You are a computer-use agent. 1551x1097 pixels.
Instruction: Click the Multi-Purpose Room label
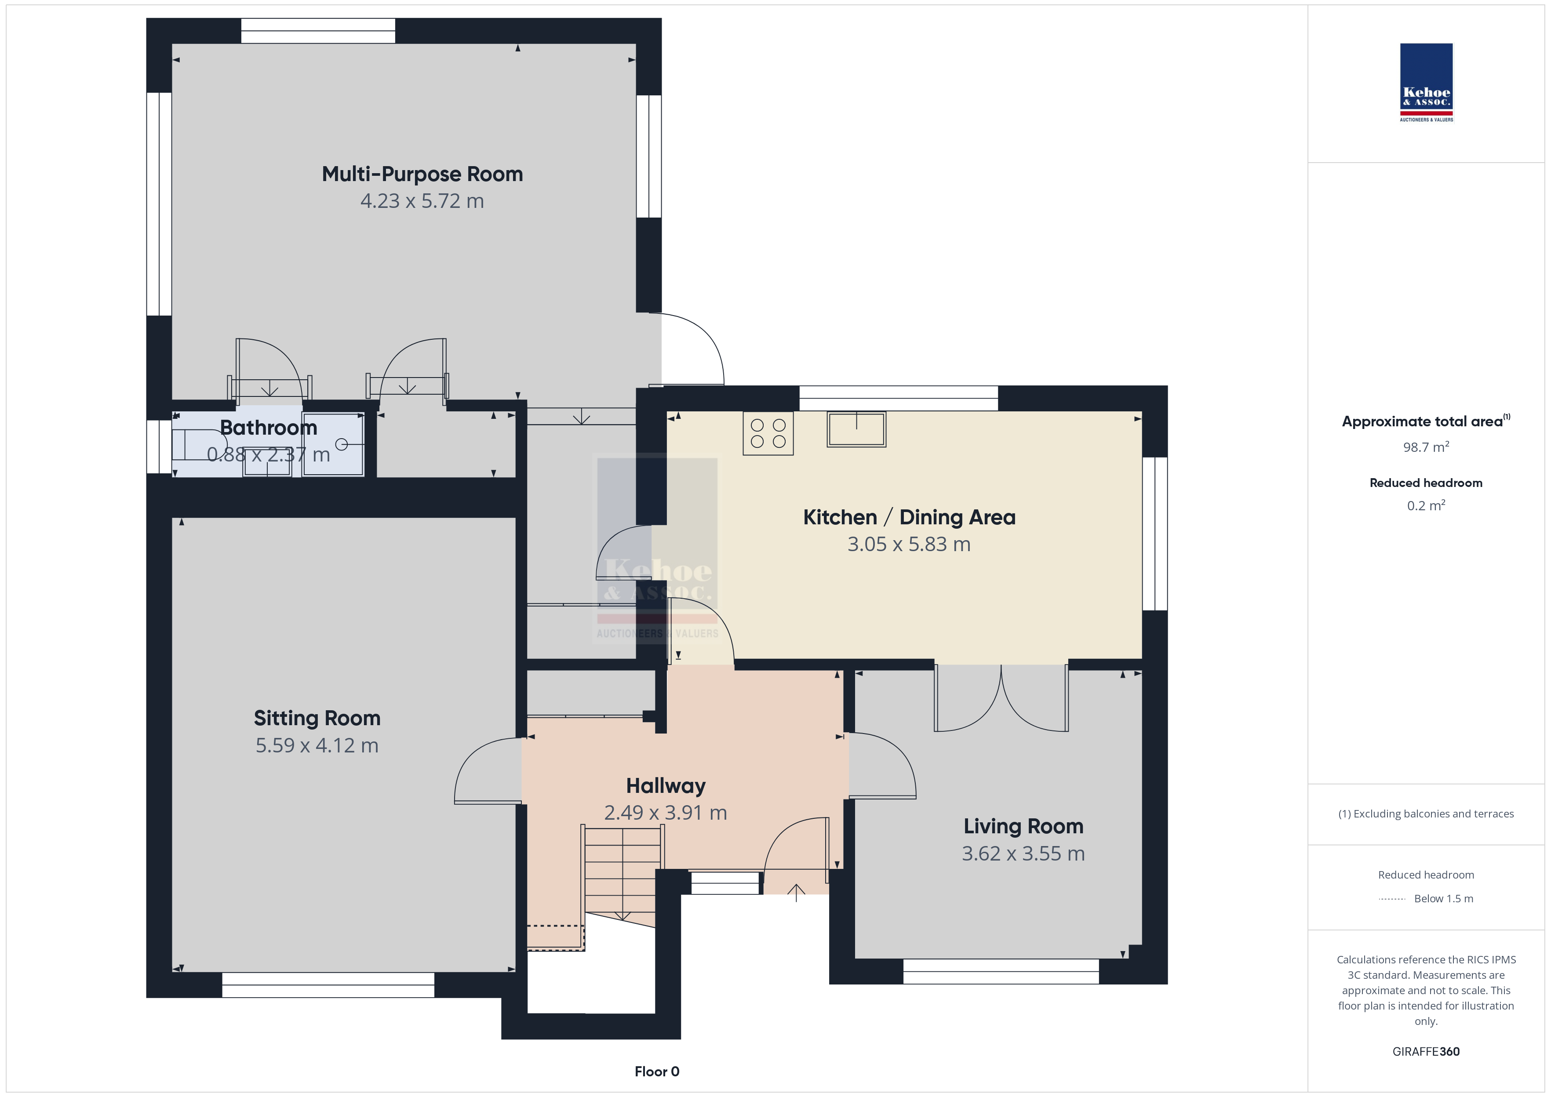(422, 174)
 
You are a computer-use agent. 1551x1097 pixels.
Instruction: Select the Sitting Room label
(317, 718)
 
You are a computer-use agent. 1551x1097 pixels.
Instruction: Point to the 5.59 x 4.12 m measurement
(317, 745)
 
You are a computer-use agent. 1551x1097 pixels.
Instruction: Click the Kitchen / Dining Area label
(909, 517)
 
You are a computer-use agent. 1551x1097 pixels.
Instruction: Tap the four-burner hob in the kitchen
(768, 433)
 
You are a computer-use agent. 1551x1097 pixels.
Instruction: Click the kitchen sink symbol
(856, 429)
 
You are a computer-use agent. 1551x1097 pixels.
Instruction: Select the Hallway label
(666, 785)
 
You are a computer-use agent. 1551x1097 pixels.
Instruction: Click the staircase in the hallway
(622, 878)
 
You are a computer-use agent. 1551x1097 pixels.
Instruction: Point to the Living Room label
(1023, 826)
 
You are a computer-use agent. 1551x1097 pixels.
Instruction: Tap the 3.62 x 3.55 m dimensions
(1023, 854)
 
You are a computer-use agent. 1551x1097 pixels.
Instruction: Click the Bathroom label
(269, 428)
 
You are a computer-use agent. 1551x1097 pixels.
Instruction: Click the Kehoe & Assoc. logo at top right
(1426, 83)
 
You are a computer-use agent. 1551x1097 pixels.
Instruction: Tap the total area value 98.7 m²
(1426, 447)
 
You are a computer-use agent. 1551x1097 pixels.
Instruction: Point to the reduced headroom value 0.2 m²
(1426, 505)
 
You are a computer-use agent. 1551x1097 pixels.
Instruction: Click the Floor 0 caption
(657, 1072)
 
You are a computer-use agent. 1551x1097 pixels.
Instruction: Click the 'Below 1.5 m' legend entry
(1444, 898)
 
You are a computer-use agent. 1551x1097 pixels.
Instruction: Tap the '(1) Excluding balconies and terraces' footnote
(1426, 814)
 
